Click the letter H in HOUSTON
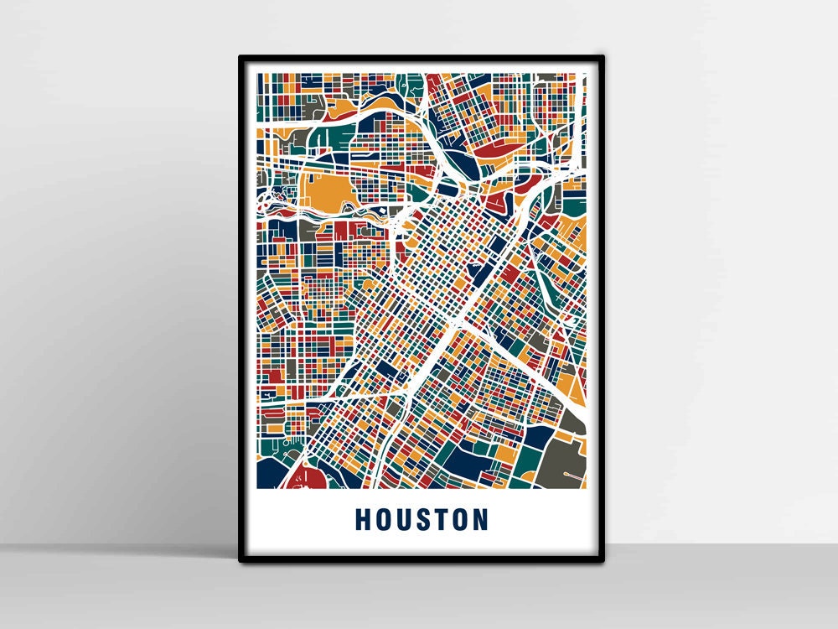click(363, 519)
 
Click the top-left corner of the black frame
click(241, 58)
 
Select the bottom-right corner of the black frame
click(603, 559)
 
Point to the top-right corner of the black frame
click(603, 58)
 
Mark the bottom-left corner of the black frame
click(241, 559)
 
